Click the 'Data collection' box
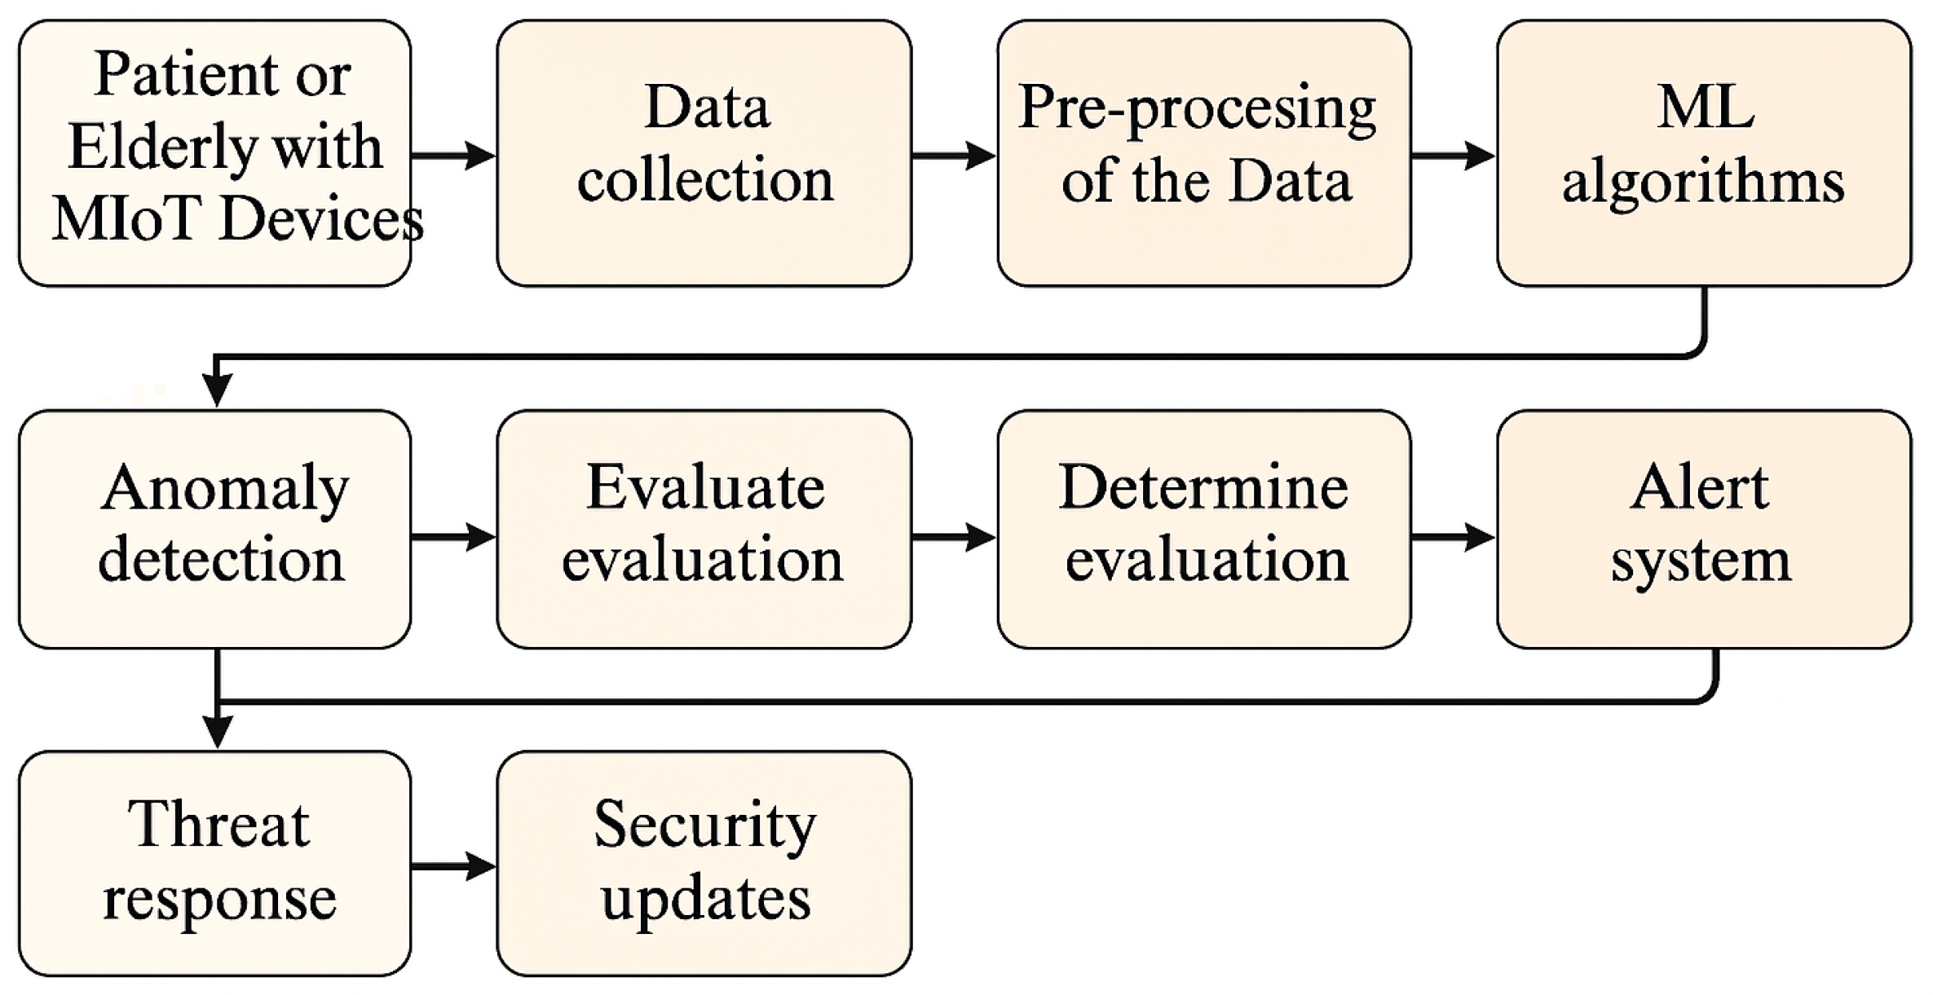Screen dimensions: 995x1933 coord(704,153)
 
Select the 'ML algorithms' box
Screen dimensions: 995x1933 coord(1703,153)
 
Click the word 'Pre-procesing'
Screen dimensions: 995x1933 coord(1197,108)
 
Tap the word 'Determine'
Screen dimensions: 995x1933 coord(1203,487)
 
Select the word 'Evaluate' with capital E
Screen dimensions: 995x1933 coord(705,487)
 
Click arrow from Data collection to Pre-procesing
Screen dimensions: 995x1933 coord(952,155)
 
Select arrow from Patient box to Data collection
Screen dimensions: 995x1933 coord(453,155)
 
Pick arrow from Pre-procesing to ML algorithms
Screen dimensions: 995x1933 coord(1452,155)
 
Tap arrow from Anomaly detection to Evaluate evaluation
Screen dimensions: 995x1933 coord(453,536)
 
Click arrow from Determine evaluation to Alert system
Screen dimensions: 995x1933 coord(1452,536)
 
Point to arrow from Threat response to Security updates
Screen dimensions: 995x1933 coord(453,865)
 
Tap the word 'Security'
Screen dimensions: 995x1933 coord(705,825)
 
